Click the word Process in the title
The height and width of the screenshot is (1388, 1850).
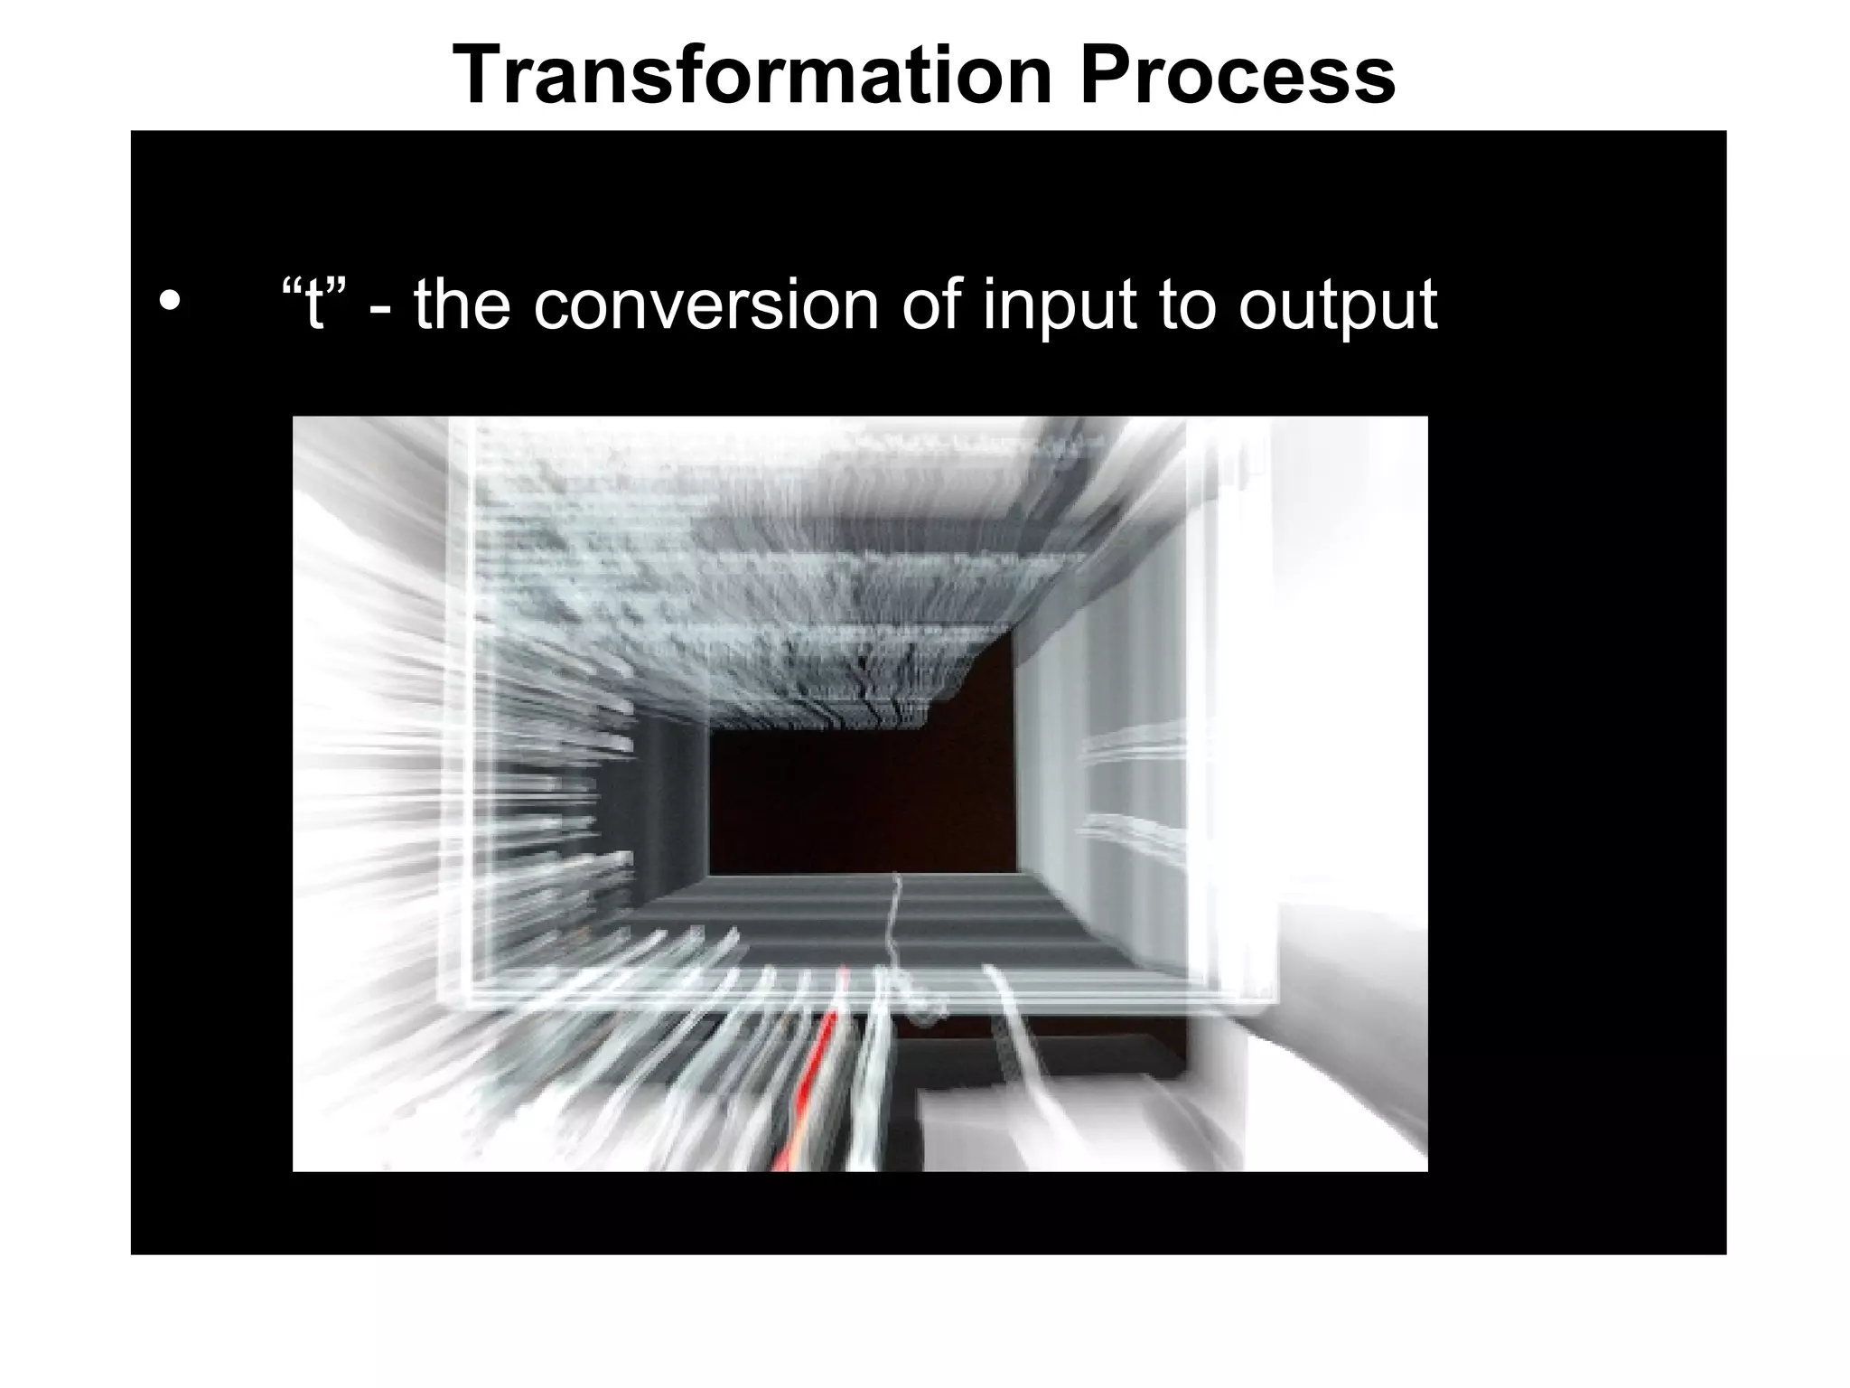click(x=1238, y=76)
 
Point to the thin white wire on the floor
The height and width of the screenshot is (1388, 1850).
click(x=893, y=931)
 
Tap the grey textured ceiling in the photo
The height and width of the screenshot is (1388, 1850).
click(x=741, y=560)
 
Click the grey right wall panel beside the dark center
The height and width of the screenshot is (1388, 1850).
click(x=1048, y=768)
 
